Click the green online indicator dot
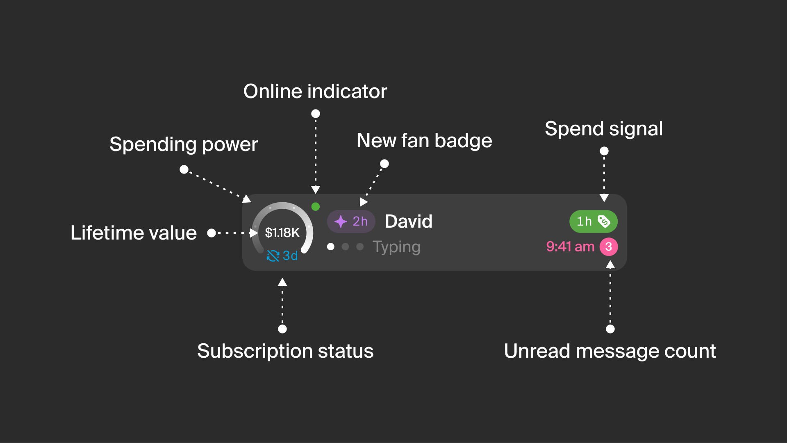tap(316, 207)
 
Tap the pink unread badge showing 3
tap(609, 247)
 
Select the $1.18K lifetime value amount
tap(282, 233)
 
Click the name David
tap(409, 221)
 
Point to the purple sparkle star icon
tap(341, 221)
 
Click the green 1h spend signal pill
tap(594, 221)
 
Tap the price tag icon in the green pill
tap(604, 221)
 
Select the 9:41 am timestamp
tap(570, 247)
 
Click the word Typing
tap(396, 247)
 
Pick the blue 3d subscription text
tap(290, 256)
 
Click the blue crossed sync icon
tap(273, 256)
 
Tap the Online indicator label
tap(315, 91)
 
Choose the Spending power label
tap(184, 144)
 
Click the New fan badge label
tap(424, 141)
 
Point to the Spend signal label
tap(604, 129)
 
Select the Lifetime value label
tap(134, 233)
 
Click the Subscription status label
tap(285, 351)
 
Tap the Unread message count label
tap(610, 351)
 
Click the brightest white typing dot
tap(331, 247)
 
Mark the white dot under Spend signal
tap(604, 151)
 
